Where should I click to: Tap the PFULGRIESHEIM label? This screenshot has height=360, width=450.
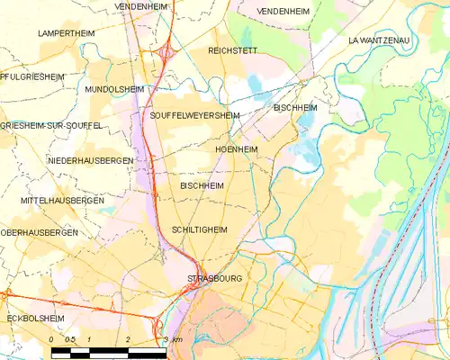point(32,77)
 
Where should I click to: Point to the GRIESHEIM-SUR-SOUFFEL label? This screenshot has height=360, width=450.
point(51,125)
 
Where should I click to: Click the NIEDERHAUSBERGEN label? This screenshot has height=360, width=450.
point(90,160)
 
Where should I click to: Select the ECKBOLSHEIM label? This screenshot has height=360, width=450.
point(33,317)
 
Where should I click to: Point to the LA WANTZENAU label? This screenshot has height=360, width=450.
point(384,41)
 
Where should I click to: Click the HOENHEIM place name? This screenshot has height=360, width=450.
point(238,148)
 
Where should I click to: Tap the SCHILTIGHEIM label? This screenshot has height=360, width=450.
point(199,230)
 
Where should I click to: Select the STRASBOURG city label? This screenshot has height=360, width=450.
point(215,279)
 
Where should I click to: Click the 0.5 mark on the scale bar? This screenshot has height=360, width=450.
point(70,339)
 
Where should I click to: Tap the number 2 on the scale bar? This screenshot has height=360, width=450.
point(129,339)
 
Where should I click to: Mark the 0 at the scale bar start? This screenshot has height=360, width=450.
point(52,339)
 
